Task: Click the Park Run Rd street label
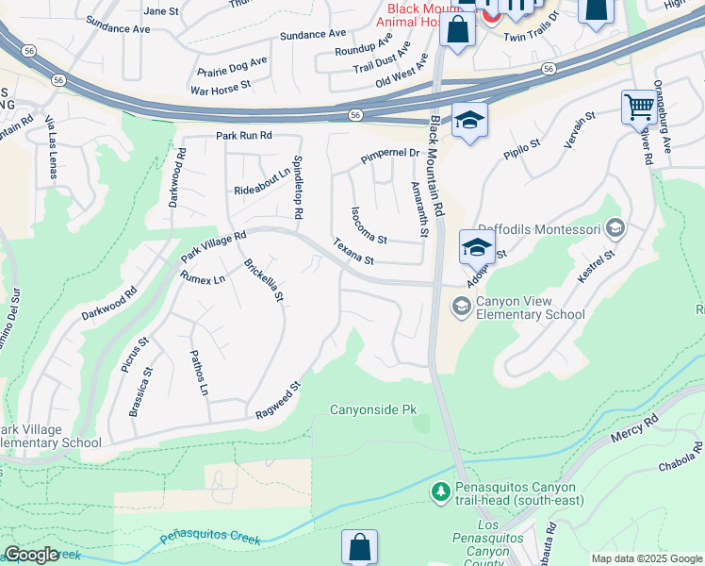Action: [x=243, y=137]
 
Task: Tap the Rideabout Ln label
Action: [x=262, y=182]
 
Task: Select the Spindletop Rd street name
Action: [x=297, y=188]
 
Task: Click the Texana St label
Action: [x=353, y=252]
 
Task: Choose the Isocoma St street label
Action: [x=369, y=225]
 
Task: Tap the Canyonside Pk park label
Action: [x=372, y=410]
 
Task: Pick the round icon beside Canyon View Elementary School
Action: [x=461, y=305]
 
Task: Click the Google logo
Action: [x=31, y=555]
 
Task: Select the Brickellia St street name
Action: [x=264, y=281]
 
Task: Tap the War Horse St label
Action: [x=220, y=88]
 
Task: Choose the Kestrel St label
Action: [x=597, y=267]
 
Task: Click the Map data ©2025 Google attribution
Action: [x=647, y=558]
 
